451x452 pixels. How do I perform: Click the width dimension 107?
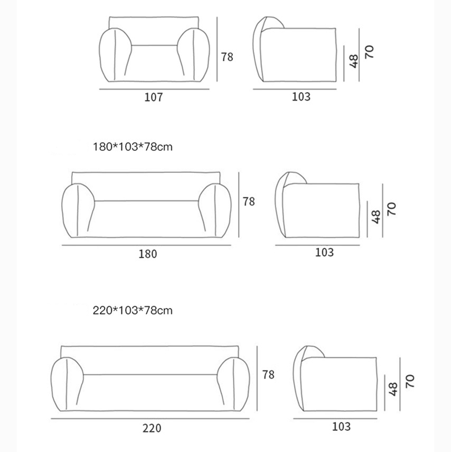coord(154,97)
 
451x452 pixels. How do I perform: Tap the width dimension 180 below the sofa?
coord(148,254)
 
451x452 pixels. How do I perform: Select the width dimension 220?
coord(152,428)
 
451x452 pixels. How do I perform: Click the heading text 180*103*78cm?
coord(133,147)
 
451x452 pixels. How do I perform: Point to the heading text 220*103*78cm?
coord(133,310)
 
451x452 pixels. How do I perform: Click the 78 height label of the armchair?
coord(227,57)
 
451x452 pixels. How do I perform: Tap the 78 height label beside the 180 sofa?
coord(249,201)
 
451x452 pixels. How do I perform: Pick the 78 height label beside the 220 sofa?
coord(268,374)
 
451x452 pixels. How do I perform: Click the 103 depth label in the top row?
coord(301,97)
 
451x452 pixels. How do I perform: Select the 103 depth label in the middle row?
coord(324,253)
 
